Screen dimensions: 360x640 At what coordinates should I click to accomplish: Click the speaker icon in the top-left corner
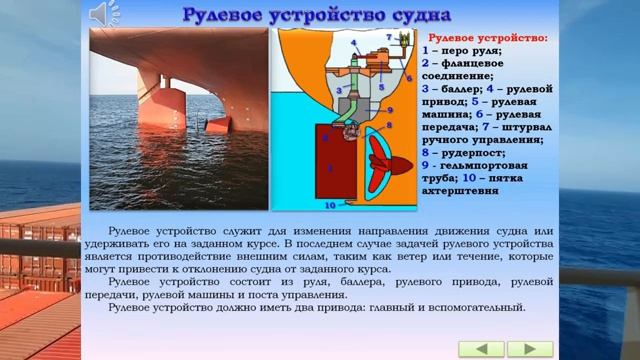coord(102,13)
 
